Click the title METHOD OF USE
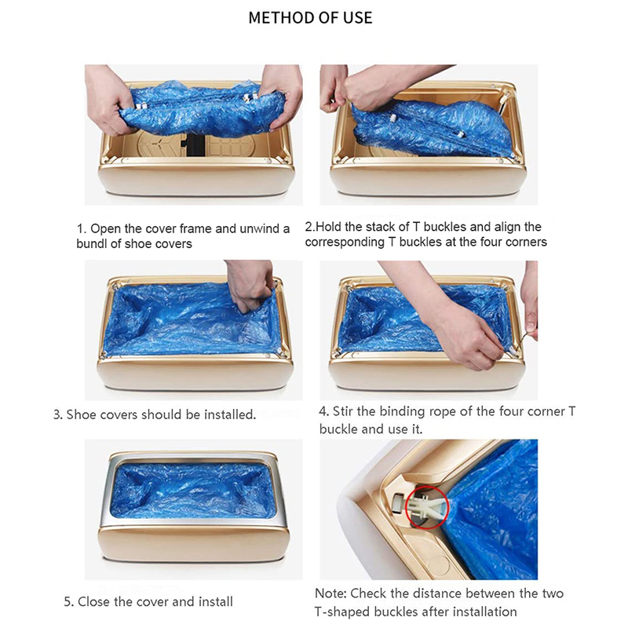310,17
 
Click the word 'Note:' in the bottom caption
330,593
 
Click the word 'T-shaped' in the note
342,612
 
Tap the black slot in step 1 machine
193,145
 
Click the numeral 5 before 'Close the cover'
68,601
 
